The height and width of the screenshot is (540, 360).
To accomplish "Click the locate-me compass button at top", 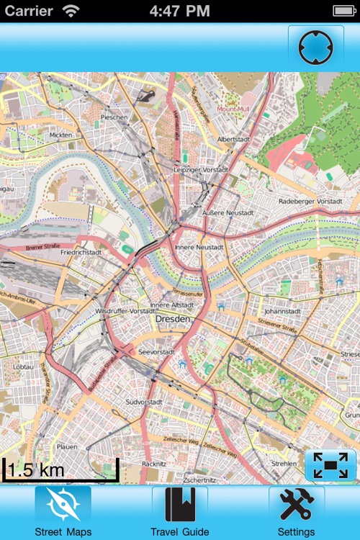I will pos(315,48).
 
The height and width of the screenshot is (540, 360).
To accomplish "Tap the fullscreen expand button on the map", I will pos(330,465).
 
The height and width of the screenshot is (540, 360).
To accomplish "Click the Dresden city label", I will pos(173,318).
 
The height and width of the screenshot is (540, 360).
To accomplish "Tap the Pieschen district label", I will pos(114,117).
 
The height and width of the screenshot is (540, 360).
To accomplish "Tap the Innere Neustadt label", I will pos(199,247).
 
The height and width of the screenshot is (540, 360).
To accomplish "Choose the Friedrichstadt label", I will pos(81,253).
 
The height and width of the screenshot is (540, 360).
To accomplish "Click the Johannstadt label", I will pos(281,312).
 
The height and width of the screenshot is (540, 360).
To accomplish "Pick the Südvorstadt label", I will pos(144,401).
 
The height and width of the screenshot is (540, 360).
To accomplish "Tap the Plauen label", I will pos(66,446).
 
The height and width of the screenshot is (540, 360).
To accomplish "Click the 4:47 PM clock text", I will pos(180,11).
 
